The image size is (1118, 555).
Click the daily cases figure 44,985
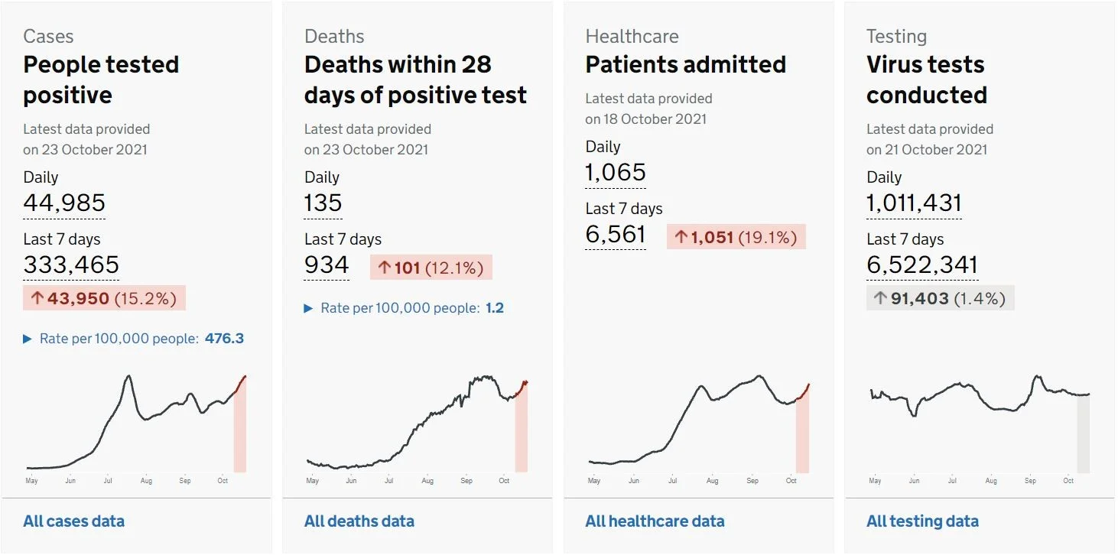pyautogui.click(x=64, y=203)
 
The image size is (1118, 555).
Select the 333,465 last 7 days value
pyautogui.click(x=71, y=265)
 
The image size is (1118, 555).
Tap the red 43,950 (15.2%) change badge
pyautogui.click(x=104, y=298)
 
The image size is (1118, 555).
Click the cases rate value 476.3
pyautogui.click(x=225, y=339)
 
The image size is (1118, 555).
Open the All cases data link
pyautogui.click(x=74, y=521)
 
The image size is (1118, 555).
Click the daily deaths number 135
pyautogui.click(x=323, y=203)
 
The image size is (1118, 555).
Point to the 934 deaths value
pyautogui.click(x=327, y=265)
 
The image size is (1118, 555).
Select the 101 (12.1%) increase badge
pyautogui.click(x=431, y=268)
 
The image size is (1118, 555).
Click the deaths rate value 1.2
pyautogui.click(x=495, y=308)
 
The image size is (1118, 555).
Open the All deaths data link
pyautogui.click(x=359, y=521)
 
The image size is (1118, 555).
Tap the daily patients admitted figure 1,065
pyautogui.click(x=616, y=173)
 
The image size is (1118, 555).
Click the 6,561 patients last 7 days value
pyautogui.click(x=616, y=235)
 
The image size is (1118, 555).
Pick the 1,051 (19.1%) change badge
pyautogui.click(x=736, y=237)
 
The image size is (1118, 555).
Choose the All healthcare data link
pyautogui.click(x=655, y=521)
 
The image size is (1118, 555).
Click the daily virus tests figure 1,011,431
pyautogui.click(x=914, y=203)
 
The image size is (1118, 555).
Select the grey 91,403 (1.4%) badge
pyautogui.click(x=941, y=298)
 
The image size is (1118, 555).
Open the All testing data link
pyautogui.click(x=922, y=521)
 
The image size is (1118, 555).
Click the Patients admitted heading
pyautogui.click(x=686, y=64)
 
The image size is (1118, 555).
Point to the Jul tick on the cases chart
pyautogui.click(x=108, y=481)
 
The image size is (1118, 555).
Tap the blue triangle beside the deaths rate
pyautogui.click(x=308, y=308)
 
